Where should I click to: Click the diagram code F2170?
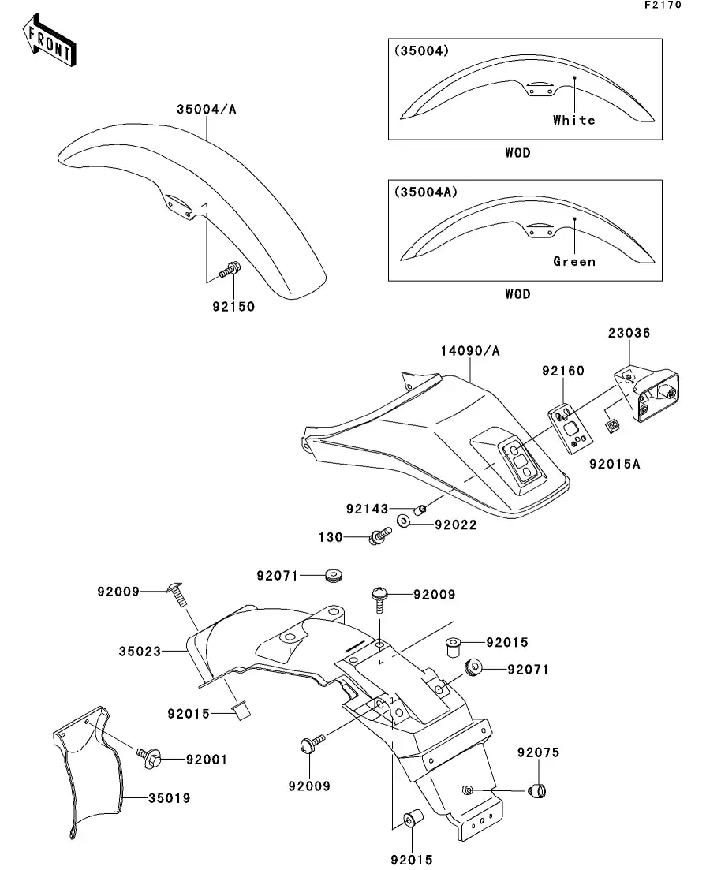tap(662, 5)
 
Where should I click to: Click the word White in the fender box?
tap(573, 120)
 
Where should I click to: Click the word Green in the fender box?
tap(573, 261)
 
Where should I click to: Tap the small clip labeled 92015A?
tap(612, 427)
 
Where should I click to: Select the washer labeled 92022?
tap(404, 521)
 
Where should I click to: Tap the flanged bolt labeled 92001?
tap(150, 759)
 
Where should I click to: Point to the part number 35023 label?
tap(140, 652)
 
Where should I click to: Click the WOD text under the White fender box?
tap(517, 153)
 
